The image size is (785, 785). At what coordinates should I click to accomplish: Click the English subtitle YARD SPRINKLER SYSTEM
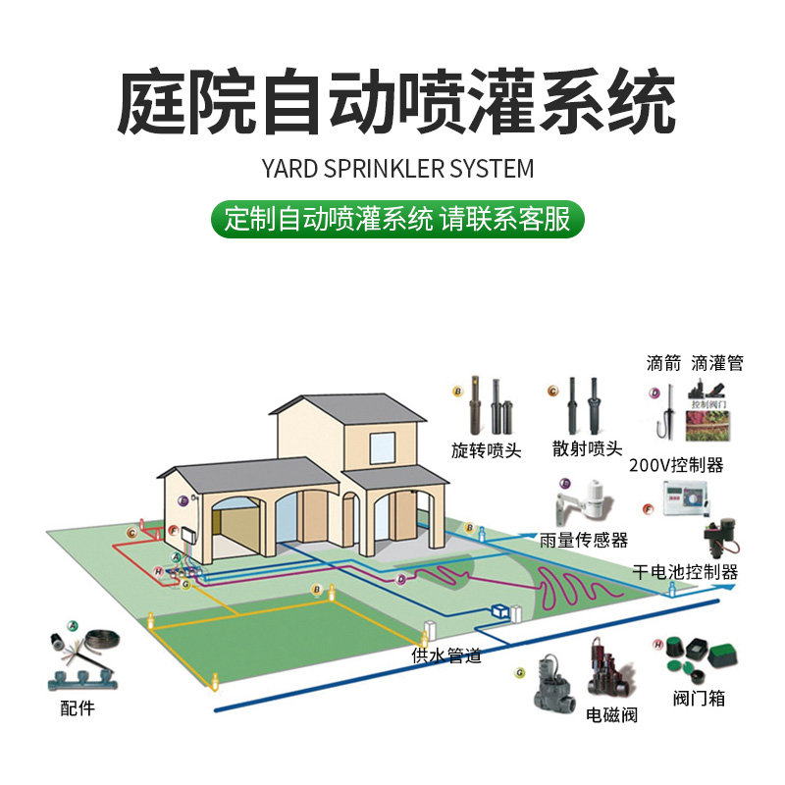(x=397, y=169)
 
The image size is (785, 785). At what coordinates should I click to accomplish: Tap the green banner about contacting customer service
(x=397, y=219)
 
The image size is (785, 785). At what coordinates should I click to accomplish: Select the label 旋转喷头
(x=486, y=450)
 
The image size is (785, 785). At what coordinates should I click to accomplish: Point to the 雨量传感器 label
(x=584, y=541)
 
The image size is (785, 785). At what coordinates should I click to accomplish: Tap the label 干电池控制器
(x=685, y=572)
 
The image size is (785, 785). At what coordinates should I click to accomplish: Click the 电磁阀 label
(x=611, y=715)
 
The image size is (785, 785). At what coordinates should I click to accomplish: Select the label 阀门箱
(x=700, y=699)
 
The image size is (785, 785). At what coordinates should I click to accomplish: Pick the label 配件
(x=78, y=706)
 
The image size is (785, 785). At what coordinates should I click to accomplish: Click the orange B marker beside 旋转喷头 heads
(x=457, y=391)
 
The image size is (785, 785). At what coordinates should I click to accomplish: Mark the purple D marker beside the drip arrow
(x=654, y=393)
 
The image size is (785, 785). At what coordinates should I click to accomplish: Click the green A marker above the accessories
(x=72, y=625)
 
